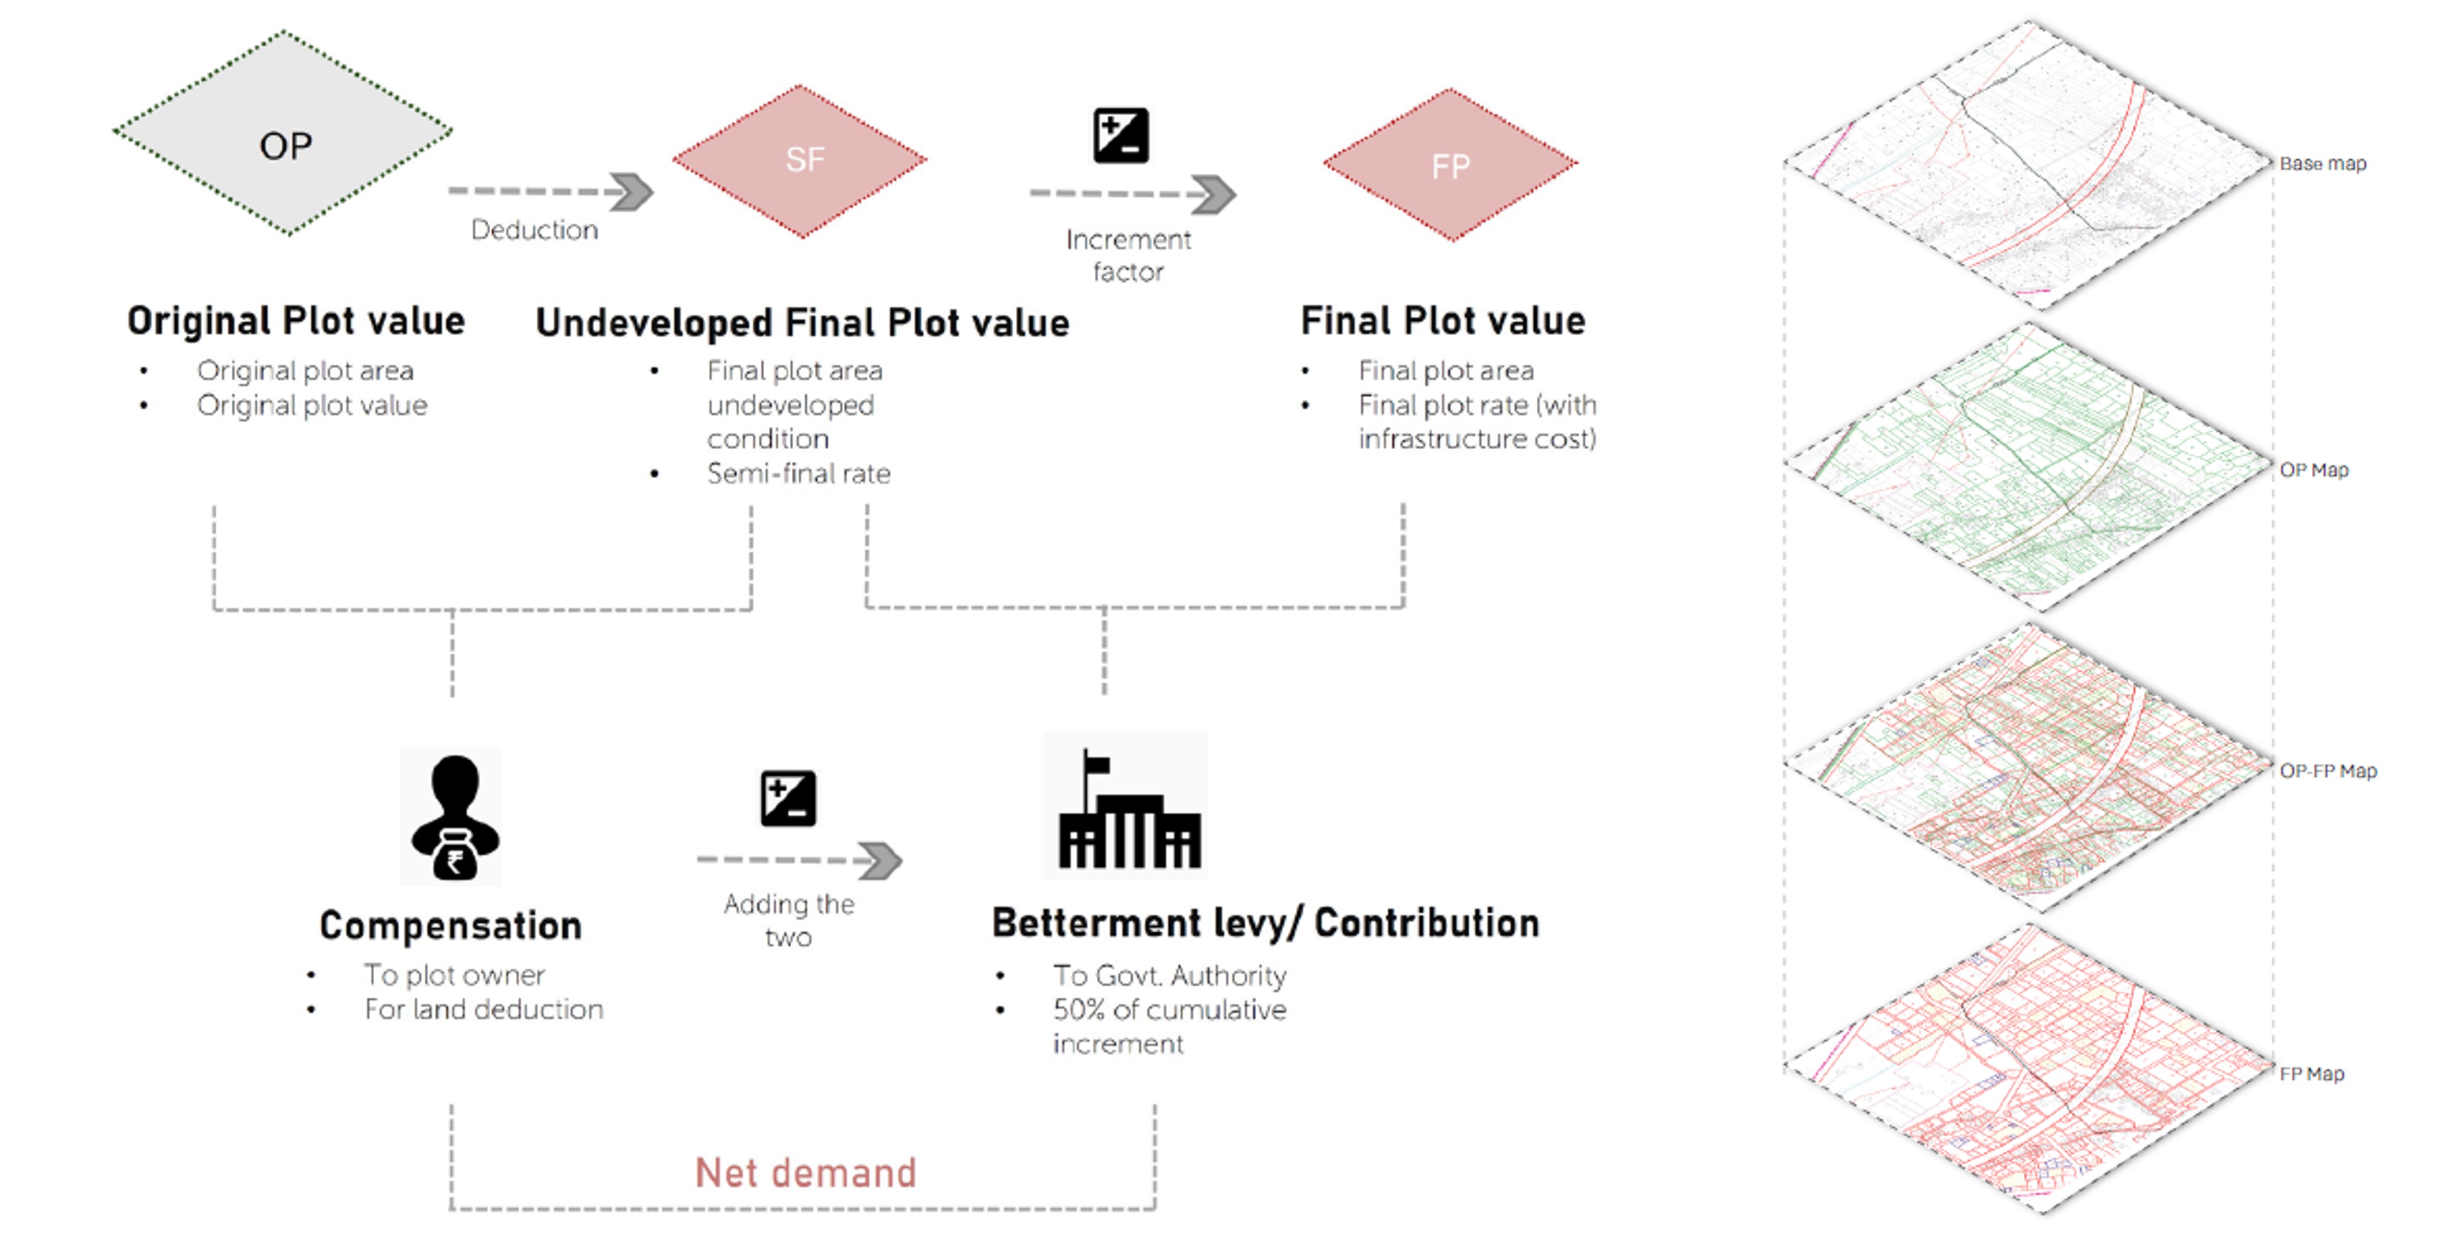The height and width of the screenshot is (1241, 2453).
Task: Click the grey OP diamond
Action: tap(283, 133)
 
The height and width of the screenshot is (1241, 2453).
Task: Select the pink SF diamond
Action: tap(800, 160)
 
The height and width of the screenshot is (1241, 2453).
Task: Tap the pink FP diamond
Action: tap(1449, 165)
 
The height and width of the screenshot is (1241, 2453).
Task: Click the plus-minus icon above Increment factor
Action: tap(1121, 135)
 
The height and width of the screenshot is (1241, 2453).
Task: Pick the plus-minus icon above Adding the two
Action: tap(789, 798)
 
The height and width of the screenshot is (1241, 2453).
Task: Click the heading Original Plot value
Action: tap(296, 321)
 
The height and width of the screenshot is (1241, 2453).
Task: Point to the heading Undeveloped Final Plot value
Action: tap(802, 323)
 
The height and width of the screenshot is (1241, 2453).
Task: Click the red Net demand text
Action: tap(806, 1172)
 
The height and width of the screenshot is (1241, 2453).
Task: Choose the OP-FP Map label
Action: tap(2327, 771)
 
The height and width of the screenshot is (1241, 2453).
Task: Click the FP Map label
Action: tap(2311, 1074)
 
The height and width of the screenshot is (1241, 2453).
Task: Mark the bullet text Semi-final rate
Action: tap(798, 474)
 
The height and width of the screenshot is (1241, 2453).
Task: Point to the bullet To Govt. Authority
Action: tap(1169, 975)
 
